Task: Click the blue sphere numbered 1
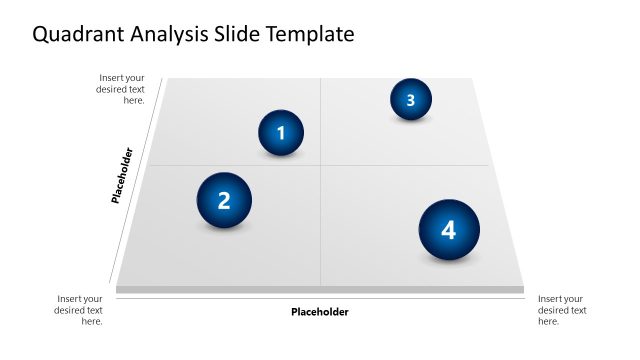click(281, 133)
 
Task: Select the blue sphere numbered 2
click(224, 200)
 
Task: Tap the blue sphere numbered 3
click(411, 99)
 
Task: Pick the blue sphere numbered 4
click(448, 230)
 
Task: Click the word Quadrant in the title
click(77, 35)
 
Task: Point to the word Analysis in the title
click(169, 35)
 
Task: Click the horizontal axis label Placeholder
click(320, 312)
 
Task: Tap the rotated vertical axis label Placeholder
click(122, 176)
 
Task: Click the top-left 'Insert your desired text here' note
click(122, 89)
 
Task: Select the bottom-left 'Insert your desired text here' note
click(79, 310)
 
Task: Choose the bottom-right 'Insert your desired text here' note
click(562, 310)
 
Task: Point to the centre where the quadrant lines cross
click(320, 165)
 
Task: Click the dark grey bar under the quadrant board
click(320, 290)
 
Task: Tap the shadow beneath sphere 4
click(449, 260)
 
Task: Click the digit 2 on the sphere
click(224, 200)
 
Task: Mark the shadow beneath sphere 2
click(225, 228)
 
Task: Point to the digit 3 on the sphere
click(411, 99)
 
